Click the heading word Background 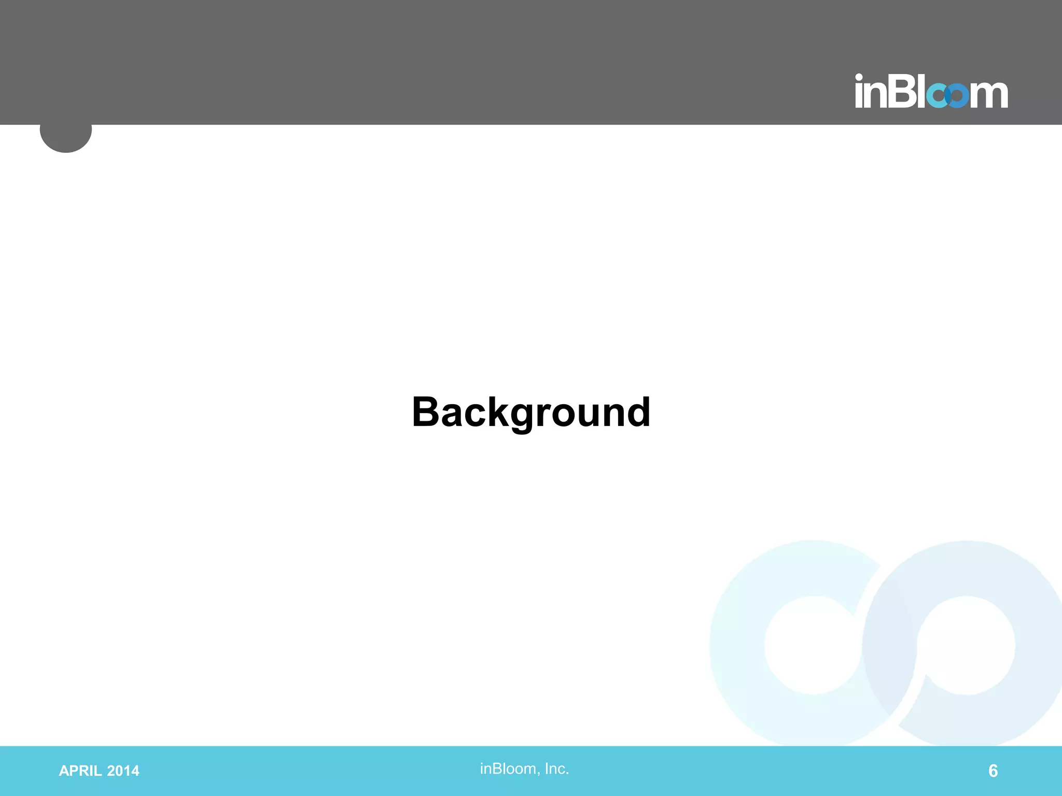pos(531,412)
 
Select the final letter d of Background pos(636,412)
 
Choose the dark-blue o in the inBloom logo pos(957,96)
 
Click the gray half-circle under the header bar pos(66,138)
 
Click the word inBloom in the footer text pos(507,769)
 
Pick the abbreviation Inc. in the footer pos(556,769)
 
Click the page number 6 pos(993,771)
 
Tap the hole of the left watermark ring pos(813,645)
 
